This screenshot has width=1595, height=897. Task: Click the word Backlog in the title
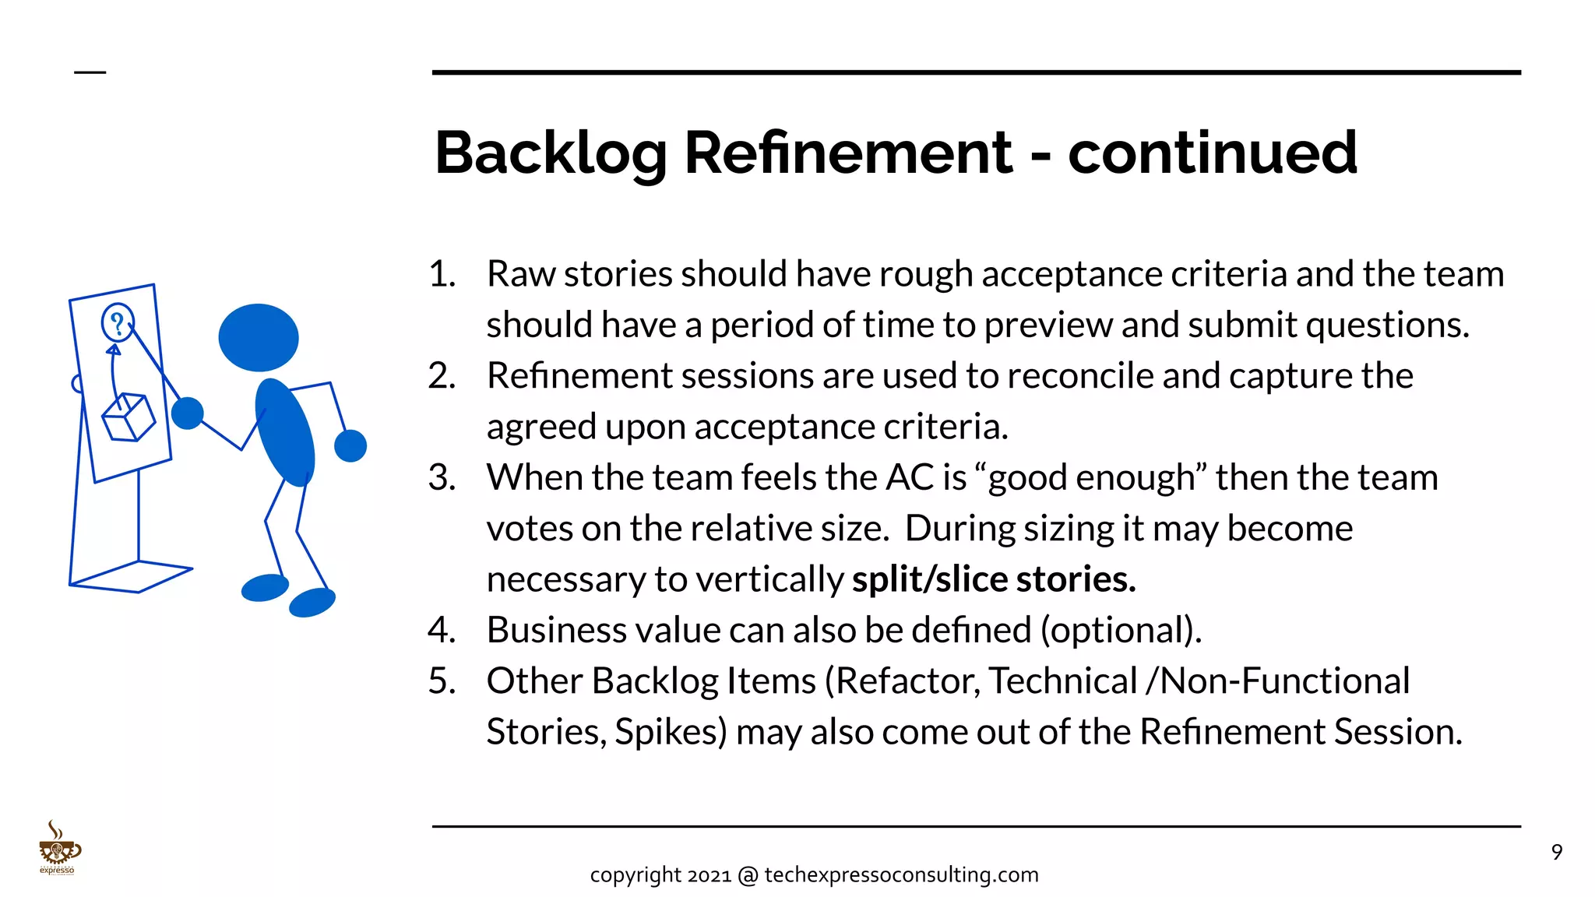(x=551, y=153)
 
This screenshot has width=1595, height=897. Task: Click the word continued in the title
(x=1213, y=153)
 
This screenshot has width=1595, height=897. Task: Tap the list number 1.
(x=442, y=274)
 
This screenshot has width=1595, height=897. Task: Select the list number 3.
(x=442, y=477)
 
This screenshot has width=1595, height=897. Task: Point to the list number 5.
(x=442, y=681)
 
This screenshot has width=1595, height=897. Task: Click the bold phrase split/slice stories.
(x=994, y=579)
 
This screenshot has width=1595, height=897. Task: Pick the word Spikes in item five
(x=671, y=732)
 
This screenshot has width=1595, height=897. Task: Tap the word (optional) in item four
(x=1121, y=630)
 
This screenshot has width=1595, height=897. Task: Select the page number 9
(x=1556, y=853)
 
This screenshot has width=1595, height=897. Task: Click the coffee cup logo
(x=58, y=848)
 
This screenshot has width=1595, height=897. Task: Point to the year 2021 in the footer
(x=709, y=875)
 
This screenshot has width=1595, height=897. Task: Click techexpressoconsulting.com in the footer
(x=901, y=875)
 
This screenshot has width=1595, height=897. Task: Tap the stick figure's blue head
(x=259, y=337)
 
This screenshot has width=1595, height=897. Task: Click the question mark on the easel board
(x=117, y=322)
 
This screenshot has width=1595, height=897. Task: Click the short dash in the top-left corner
(x=90, y=72)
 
